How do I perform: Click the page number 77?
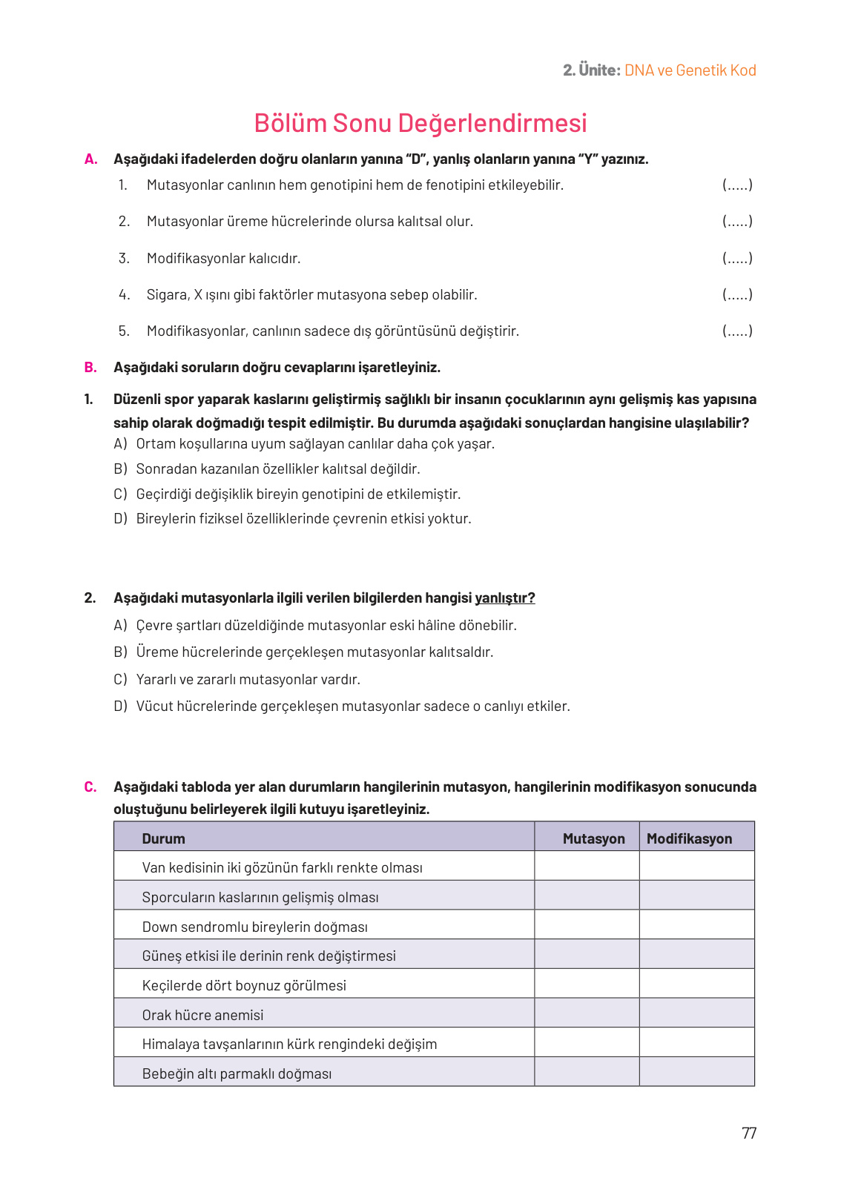748,1133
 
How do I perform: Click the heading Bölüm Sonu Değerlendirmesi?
420,123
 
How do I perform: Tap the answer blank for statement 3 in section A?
737,258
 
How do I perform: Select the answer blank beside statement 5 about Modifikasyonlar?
737,331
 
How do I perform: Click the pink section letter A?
90,159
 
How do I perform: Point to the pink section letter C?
90,787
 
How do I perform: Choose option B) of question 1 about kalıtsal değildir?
277,469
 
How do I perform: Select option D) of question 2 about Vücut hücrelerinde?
352,706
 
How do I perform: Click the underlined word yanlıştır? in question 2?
504,598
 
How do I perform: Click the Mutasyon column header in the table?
593,838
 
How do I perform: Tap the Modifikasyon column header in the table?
689,838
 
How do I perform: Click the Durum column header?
163,838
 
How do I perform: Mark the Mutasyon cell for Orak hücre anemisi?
587,1013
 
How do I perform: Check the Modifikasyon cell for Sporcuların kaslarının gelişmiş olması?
696,896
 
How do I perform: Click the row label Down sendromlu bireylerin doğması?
254,927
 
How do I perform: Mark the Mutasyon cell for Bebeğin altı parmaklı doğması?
587,1072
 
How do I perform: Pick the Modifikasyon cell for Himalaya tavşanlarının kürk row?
696,1042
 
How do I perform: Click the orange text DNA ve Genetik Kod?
690,70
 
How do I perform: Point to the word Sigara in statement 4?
167,294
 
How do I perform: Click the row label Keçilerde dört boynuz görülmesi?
244,985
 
